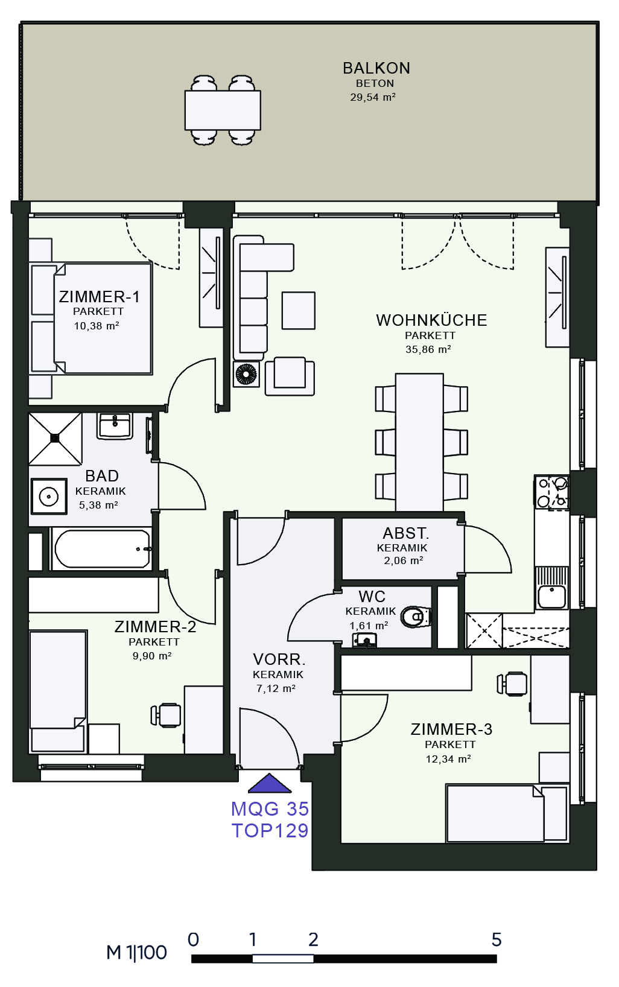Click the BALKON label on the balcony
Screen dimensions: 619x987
(376, 68)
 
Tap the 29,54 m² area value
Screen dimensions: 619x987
(373, 97)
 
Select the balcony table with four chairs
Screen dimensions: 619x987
(223, 110)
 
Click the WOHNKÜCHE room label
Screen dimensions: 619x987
(431, 320)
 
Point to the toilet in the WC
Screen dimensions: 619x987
(416, 617)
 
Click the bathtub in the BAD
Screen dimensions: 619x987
(102, 548)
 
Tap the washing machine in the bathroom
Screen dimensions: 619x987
(49, 497)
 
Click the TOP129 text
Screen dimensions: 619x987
(270, 831)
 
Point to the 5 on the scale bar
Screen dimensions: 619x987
(497, 940)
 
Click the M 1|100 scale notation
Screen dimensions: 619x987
(136, 953)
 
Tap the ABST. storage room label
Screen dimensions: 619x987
(405, 533)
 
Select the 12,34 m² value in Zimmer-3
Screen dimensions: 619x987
(448, 759)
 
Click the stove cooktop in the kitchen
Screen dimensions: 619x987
(551, 493)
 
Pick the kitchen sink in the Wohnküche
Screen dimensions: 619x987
(552, 588)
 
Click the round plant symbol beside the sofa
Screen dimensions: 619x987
(246, 374)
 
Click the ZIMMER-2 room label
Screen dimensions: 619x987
(155, 627)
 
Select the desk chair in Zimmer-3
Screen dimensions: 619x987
(512, 684)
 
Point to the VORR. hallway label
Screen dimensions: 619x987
(279, 659)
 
